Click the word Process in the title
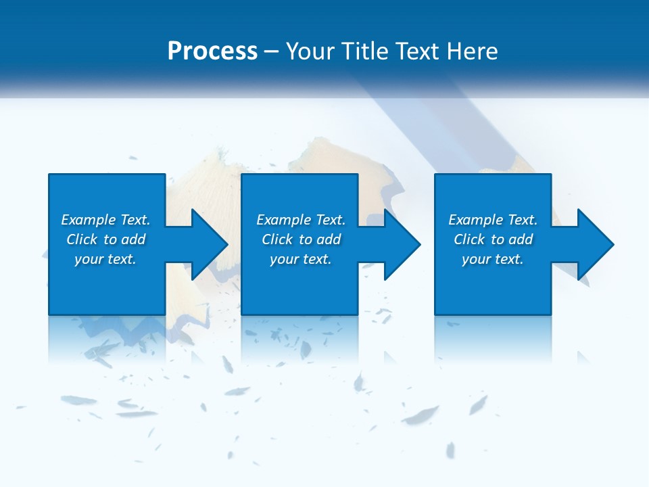click(212, 51)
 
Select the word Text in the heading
click(416, 51)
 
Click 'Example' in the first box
click(88, 220)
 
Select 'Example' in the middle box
click(283, 220)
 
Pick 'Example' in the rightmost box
click(475, 220)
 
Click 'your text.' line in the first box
click(105, 259)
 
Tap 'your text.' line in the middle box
click(300, 259)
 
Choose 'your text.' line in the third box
click(492, 259)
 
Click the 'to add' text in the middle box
click(324, 239)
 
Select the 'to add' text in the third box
click(516, 239)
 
